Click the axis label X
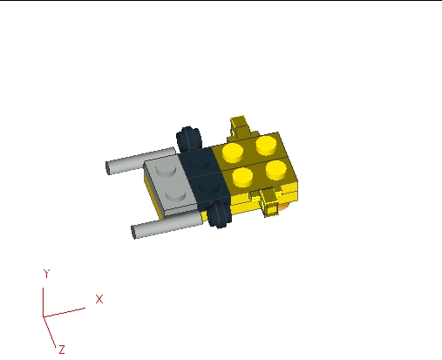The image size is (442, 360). (99, 299)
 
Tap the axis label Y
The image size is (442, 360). (46, 274)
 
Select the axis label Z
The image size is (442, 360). (62, 350)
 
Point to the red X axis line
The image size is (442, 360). (65, 312)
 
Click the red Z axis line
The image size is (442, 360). (49, 332)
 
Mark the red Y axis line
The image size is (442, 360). (43, 302)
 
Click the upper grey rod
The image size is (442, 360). (140, 160)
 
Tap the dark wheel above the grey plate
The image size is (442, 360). (188, 139)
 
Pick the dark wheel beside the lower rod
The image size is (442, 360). (220, 214)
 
